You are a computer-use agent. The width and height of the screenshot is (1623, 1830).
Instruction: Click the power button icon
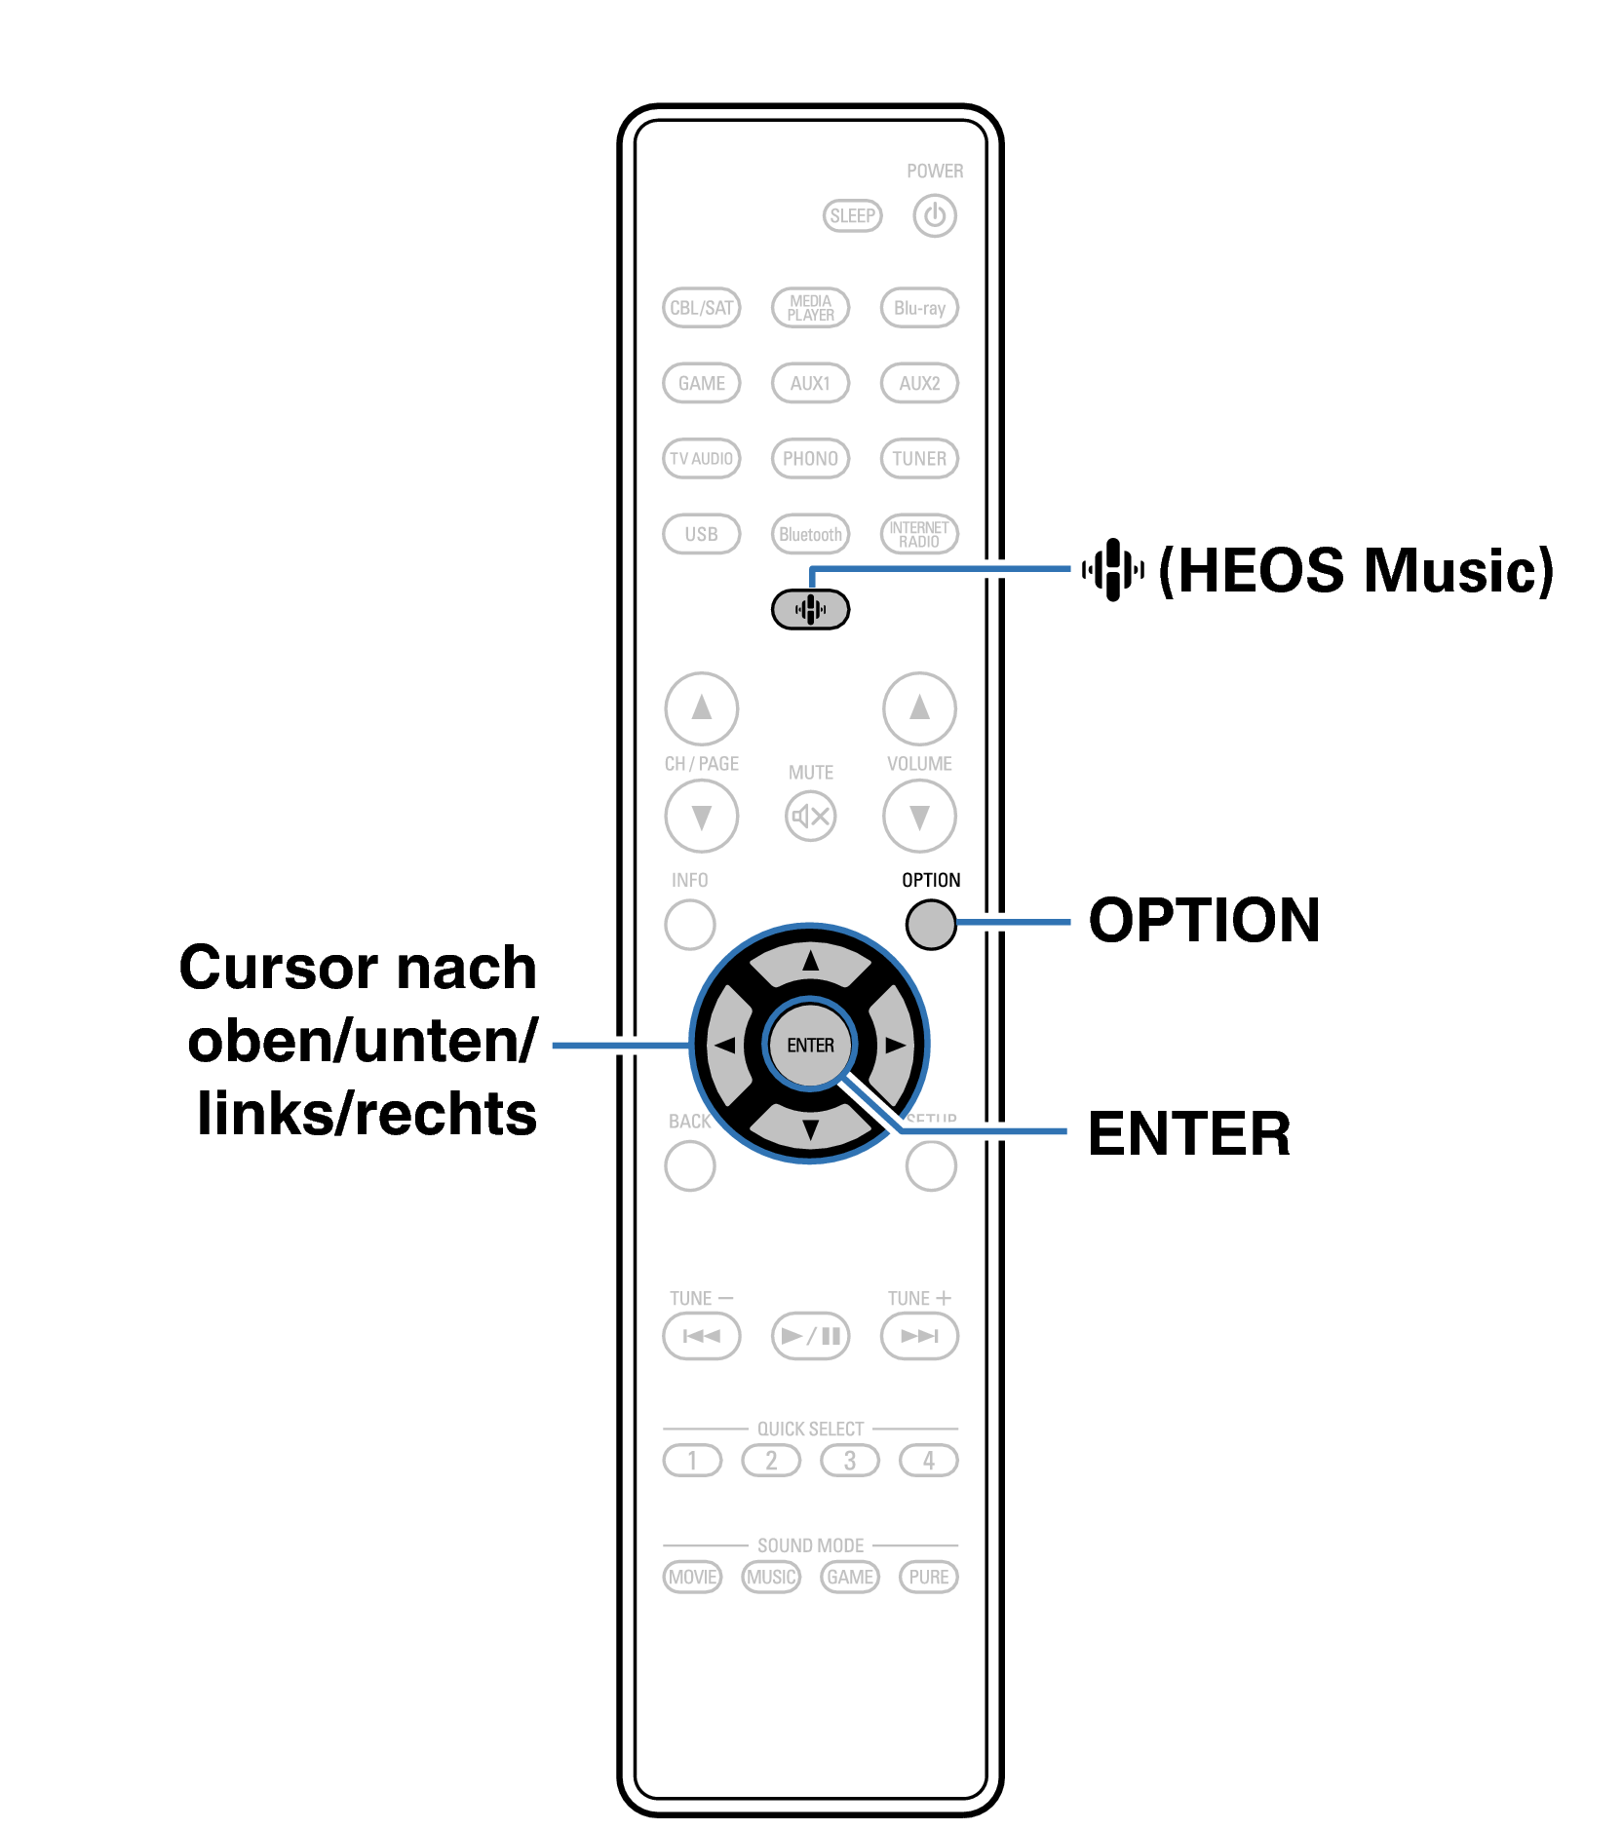pos(934,215)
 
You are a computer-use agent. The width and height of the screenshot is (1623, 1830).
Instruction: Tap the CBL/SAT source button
pos(701,308)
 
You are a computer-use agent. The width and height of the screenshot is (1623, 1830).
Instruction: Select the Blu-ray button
pos(919,308)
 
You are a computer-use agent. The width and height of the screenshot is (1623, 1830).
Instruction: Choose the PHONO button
pos(810,458)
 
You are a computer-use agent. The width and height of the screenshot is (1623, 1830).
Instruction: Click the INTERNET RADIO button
pos(919,534)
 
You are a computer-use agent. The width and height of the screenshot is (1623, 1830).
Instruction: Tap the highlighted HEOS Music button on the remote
pos(810,610)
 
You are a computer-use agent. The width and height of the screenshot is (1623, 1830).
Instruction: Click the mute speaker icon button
pos(810,816)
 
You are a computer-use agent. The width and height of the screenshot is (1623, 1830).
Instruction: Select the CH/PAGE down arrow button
pos(701,816)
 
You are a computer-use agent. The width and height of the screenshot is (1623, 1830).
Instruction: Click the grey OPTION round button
pos(931,923)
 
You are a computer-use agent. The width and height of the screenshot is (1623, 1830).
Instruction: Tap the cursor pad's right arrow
pos(894,1046)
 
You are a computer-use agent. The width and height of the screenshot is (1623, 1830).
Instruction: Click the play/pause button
pos(810,1335)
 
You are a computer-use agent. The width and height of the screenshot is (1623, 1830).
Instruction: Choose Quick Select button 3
pos(850,1460)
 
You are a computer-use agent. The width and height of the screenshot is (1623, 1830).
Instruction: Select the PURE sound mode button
pos(928,1577)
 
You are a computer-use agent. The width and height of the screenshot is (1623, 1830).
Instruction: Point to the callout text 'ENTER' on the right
pos(1188,1133)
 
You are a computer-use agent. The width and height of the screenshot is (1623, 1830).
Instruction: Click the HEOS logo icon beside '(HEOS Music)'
pos(1112,569)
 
